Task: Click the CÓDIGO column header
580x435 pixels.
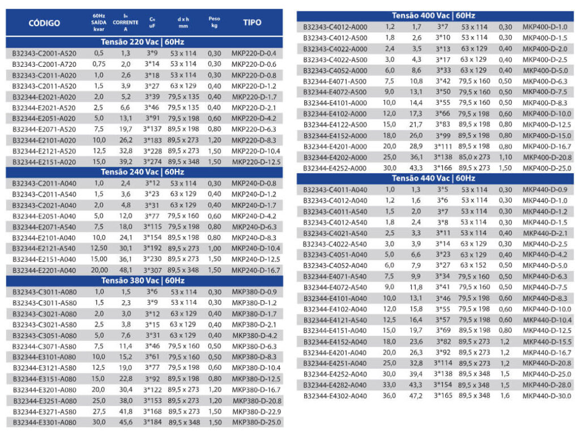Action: click(x=44, y=23)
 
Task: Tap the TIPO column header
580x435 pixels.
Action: click(x=252, y=23)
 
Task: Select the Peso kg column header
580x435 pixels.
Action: click(x=214, y=22)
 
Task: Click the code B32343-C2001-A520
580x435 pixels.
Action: click(x=44, y=53)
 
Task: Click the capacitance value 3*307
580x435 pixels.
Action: click(x=152, y=270)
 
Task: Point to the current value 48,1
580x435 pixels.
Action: click(x=126, y=270)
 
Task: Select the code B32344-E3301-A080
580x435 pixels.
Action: click(x=44, y=422)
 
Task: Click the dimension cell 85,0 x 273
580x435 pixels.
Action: click(x=474, y=157)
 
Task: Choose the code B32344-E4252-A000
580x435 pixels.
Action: click(x=335, y=168)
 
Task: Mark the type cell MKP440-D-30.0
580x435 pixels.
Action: click(x=546, y=395)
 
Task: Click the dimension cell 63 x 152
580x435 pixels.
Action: click(x=474, y=265)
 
